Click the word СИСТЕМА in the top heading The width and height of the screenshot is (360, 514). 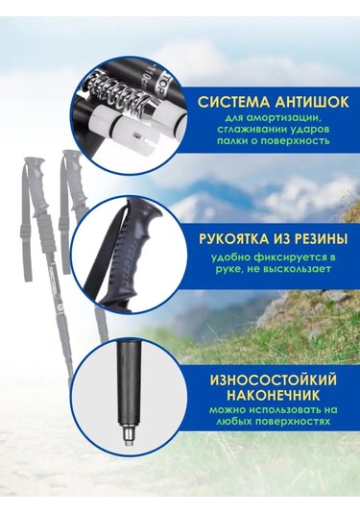[x=234, y=102]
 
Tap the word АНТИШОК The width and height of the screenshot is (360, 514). [x=312, y=102]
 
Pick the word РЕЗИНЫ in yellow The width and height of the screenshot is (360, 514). [x=321, y=239]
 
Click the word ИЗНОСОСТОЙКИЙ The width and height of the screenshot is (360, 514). [x=274, y=380]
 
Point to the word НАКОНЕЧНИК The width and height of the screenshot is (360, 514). [x=274, y=396]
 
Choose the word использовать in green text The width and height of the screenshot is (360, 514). [x=281, y=410]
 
